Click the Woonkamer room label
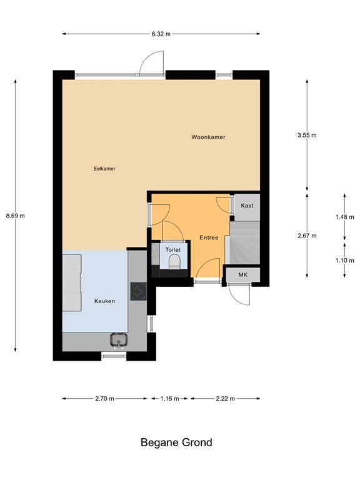(x=208, y=137)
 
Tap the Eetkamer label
(x=104, y=168)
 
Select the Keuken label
(x=104, y=301)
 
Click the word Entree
(x=208, y=238)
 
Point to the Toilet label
(x=172, y=250)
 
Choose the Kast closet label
(x=247, y=205)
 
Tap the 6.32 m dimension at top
(x=161, y=34)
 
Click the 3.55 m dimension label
(x=307, y=135)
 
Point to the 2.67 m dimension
(x=307, y=236)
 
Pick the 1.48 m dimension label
(x=344, y=217)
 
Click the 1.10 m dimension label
(x=344, y=261)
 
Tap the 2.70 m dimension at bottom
(x=104, y=398)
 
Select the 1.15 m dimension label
(x=169, y=398)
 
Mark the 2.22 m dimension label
(x=225, y=398)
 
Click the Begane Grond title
(x=176, y=442)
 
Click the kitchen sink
(x=118, y=339)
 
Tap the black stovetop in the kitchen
(x=138, y=291)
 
